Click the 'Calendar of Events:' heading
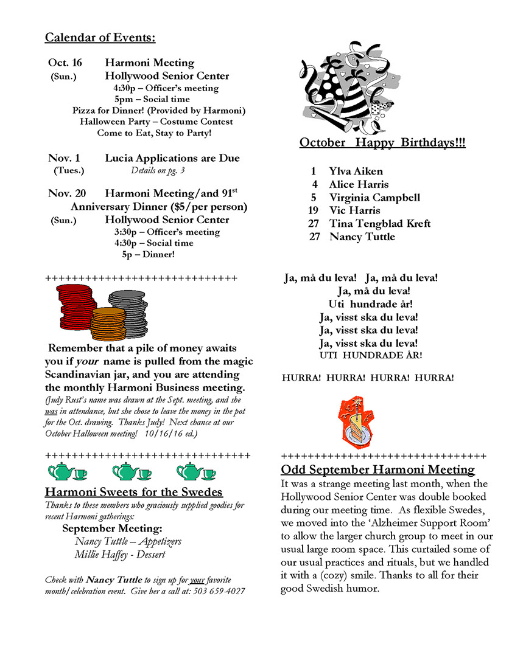100,38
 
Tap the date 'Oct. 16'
65,63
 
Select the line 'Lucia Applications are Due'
172,158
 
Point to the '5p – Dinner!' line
148,255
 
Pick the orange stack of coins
107,324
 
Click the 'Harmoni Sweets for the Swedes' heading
133,492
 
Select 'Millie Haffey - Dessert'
120,555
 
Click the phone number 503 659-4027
219,591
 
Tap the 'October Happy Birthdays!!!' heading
382,143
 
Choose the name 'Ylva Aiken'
356,171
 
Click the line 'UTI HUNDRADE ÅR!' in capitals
370,355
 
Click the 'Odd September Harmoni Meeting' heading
377,469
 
